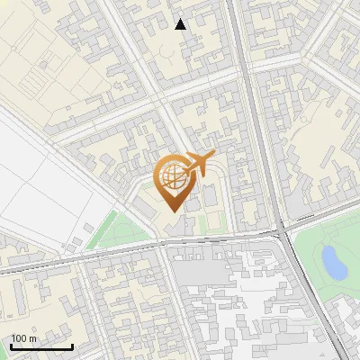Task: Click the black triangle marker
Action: pos(181,24)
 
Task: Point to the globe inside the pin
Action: pos(171,176)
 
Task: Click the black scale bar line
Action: pos(41,346)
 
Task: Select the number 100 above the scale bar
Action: pos(20,338)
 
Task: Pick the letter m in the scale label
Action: pos(33,338)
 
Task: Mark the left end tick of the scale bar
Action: pos(12,346)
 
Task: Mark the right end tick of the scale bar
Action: pos(72,346)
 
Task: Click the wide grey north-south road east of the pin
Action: pos(256,135)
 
